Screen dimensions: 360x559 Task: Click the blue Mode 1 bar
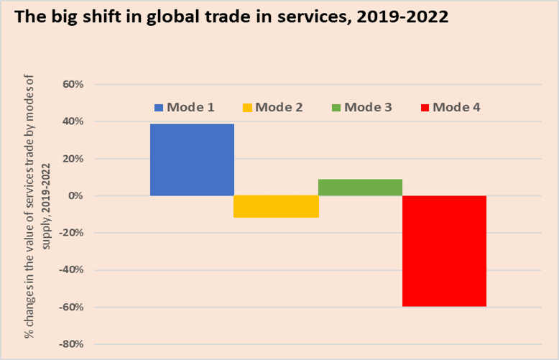[192, 160]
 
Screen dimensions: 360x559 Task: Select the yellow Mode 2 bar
[276, 206]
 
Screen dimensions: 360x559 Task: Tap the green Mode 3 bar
[360, 188]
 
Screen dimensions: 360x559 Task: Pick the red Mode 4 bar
[444, 251]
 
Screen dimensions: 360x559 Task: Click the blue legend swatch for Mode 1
[159, 108]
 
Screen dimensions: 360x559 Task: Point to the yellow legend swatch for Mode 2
[247, 108]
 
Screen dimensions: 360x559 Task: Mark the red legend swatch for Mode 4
[424, 108]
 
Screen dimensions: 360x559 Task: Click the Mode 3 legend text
[367, 108]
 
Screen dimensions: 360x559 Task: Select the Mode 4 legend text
[456, 108]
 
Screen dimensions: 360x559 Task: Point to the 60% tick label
[74, 84]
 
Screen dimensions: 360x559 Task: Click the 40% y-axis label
[74, 121]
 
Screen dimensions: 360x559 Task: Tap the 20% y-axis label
[74, 159]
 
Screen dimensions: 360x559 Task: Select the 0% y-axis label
[77, 196]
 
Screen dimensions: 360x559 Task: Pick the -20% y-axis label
[72, 233]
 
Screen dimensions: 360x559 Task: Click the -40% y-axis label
[72, 270]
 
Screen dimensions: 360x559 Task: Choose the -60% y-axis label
[72, 308]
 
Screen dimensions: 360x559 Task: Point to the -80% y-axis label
[72, 344]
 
